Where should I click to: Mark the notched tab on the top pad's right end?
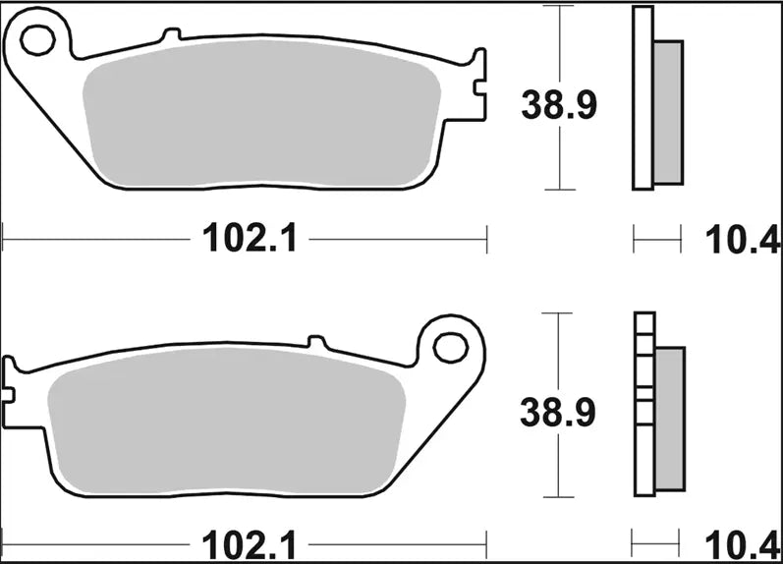[x=478, y=86]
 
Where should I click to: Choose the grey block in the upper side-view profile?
[x=667, y=112]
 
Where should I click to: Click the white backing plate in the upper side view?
[x=643, y=98]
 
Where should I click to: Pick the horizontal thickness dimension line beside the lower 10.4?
[x=657, y=542]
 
